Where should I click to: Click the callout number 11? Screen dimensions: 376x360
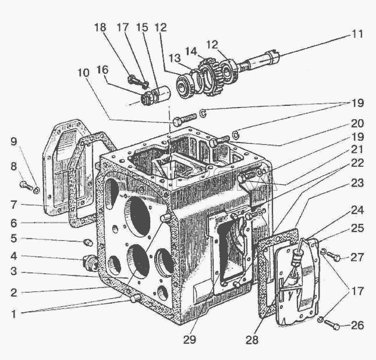tap(357, 34)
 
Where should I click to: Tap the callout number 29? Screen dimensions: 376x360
tap(189, 340)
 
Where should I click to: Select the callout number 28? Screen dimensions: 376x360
tap(252, 340)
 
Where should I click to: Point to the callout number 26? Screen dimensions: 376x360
tap(357, 325)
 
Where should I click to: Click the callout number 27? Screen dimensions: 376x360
tap(357, 257)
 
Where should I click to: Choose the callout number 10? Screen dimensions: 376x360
tap(83, 73)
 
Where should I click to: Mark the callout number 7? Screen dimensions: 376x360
tap(13, 205)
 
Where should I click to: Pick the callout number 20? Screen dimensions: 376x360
tap(357, 123)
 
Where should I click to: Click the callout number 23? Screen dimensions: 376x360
tap(357, 183)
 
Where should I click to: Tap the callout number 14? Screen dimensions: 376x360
tap(191, 51)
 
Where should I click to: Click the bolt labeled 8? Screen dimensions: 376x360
tap(26, 186)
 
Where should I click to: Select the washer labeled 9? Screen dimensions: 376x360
tap(36, 190)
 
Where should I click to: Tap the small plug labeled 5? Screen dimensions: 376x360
tap(89, 243)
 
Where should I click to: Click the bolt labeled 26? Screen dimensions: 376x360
tap(332, 325)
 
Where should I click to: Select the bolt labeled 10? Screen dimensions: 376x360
tap(184, 119)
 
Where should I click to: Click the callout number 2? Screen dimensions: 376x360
tap(13, 293)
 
